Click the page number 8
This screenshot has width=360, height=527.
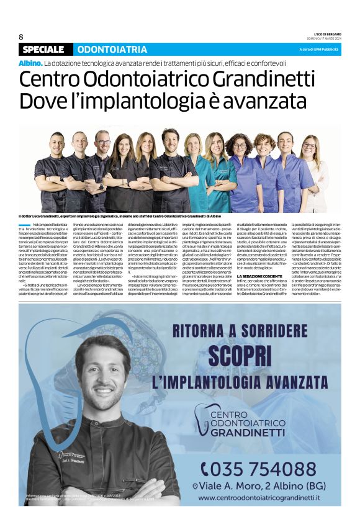click(21, 37)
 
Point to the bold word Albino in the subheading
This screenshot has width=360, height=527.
click(30, 63)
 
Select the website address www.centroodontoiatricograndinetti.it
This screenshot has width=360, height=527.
click(259, 497)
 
